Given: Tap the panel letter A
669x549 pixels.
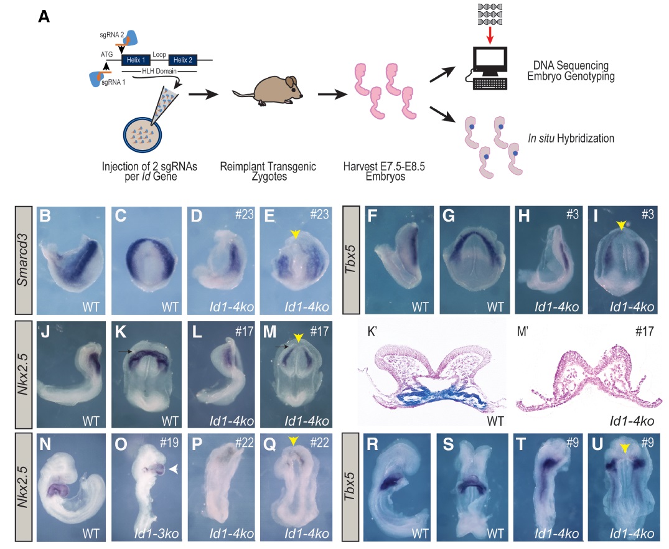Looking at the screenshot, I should point(44,17).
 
